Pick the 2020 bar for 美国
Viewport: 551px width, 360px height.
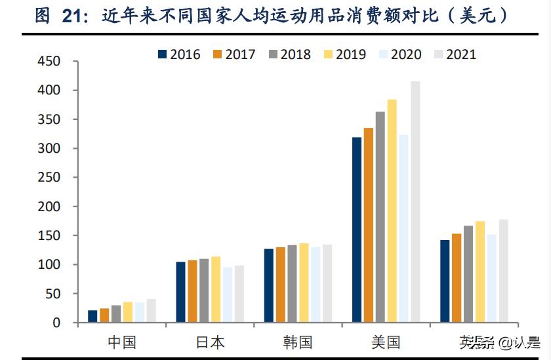[x=403, y=229]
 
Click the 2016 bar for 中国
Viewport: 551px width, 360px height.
[x=92, y=316]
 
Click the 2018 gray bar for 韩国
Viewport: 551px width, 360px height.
[x=292, y=284]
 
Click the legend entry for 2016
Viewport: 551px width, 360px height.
[x=179, y=54]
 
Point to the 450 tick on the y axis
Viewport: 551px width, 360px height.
[x=49, y=62]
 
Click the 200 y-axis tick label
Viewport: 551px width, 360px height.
[x=49, y=207]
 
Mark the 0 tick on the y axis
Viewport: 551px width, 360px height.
[x=56, y=323]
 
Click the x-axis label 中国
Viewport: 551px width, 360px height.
[x=121, y=342]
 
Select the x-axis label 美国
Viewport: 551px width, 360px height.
[x=385, y=342]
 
